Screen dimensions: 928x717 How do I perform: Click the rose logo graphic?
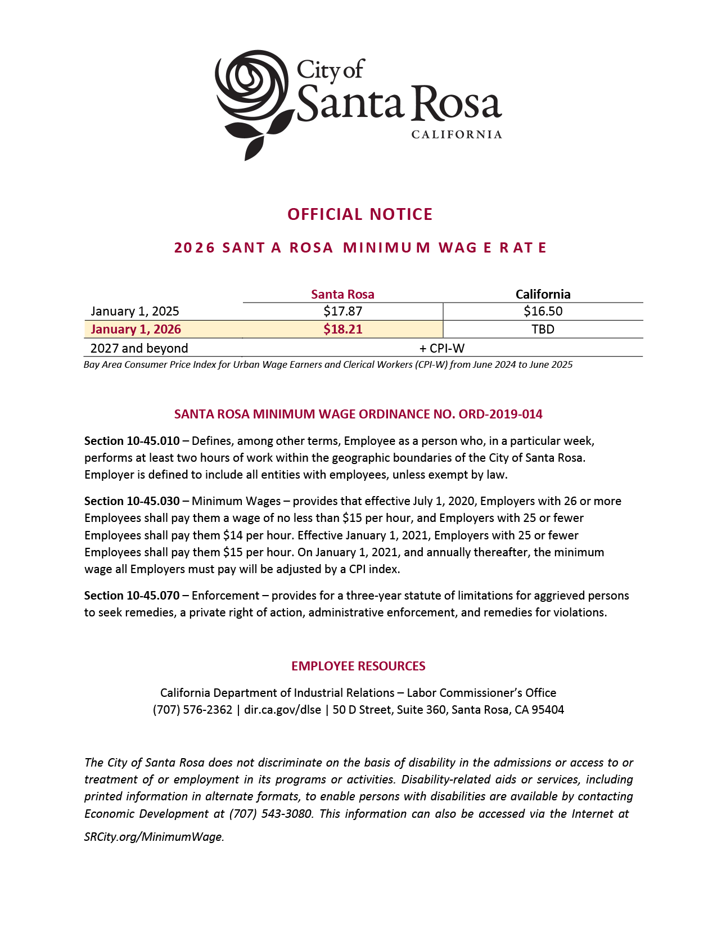[x=253, y=101]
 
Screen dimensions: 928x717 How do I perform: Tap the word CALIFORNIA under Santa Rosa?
[x=457, y=135]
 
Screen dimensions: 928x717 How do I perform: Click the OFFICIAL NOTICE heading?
[x=360, y=214]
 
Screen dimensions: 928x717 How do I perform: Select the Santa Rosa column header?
[x=342, y=294]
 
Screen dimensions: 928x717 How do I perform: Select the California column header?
[x=543, y=294]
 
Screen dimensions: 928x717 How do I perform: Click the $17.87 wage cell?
[x=342, y=311]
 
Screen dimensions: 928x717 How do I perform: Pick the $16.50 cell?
[x=543, y=311]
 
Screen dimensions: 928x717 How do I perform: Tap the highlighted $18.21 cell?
[x=342, y=329]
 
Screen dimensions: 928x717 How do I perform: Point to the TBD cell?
[x=543, y=329]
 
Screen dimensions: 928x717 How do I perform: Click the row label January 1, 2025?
[x=135, y=311]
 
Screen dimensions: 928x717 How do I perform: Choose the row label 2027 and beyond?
[x=139, y=348]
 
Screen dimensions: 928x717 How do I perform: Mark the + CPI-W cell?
[x=442, y=348]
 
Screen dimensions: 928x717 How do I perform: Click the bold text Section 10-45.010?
[x=132, y=440]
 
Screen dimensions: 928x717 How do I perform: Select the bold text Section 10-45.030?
[x=132, y=501]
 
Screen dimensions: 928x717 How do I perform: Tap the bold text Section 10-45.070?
[x=132, y=595]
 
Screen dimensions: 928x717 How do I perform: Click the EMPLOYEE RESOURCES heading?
[x=358, y=666]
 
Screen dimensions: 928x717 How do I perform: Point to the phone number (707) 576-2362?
[x=192, y=709]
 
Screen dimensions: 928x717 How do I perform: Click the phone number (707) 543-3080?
[x=270, y=813]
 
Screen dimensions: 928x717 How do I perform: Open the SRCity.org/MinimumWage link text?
[x=154, y=836]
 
